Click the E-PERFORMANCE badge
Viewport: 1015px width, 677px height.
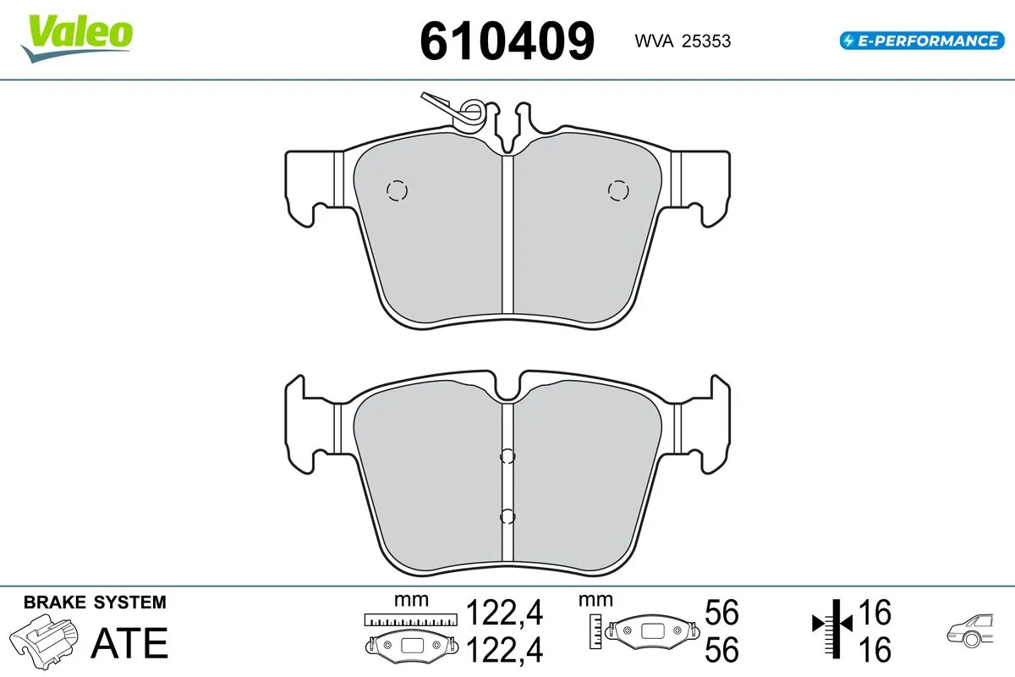919,40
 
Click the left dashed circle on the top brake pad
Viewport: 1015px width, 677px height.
396,191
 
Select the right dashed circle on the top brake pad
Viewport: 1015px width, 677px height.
618,191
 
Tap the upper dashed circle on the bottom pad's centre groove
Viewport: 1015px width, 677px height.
507,457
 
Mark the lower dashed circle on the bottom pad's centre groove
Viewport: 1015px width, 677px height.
507,516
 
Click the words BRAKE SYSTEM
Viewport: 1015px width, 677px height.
95,603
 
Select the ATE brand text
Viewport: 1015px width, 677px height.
129,643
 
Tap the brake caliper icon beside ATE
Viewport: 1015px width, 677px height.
47,641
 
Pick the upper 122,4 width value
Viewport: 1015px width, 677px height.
505,612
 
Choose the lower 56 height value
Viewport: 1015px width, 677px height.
721,650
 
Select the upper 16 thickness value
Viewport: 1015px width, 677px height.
875,612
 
